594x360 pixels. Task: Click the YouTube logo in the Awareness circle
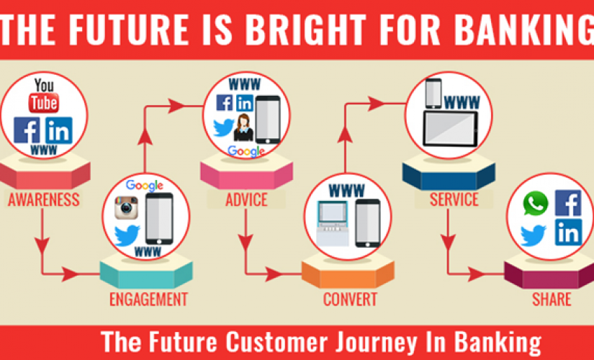(44, 96)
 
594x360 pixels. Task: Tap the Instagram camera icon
(127, 207)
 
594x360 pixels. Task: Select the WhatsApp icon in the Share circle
(535, 204)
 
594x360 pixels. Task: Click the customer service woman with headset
(243, 127)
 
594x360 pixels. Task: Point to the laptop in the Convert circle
(332, 224)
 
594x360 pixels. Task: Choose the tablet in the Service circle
(451, 129)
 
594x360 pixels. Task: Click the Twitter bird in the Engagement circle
(127, 235)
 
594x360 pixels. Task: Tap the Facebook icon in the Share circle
(568, 203)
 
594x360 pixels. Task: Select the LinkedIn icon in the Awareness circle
(59, 130)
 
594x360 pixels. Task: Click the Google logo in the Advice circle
(246, 151)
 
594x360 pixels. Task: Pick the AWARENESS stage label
(44, 199)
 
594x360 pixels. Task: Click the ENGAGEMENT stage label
(148, 300)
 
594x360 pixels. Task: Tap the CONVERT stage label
(350, 300)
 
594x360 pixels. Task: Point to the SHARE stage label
(552, 300)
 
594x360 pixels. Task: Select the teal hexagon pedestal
(146, 271)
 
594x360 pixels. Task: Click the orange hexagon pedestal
(348, 271)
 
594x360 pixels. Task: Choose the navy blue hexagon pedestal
(449, 171)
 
